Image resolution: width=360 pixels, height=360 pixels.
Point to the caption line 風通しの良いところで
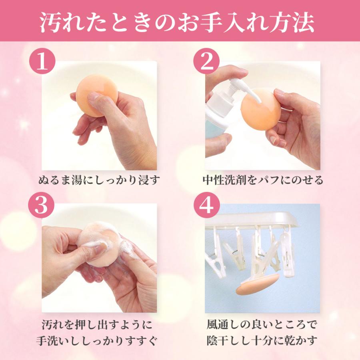click(262, 323)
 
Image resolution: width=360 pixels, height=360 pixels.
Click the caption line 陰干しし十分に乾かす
click(262, 341)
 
